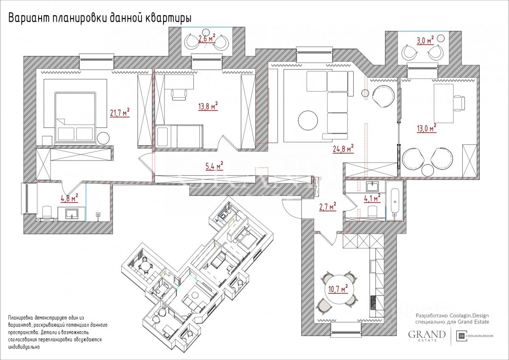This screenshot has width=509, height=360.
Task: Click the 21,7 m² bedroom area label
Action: coord(120,113)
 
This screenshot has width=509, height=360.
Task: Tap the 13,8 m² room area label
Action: coord(208,107)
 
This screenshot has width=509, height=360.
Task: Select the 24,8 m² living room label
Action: coord(343,149)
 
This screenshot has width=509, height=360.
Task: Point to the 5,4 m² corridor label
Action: coord(214,166)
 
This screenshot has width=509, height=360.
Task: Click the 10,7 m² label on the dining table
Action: coord(338,289)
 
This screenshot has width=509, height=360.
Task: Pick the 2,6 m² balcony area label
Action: coord(207,39)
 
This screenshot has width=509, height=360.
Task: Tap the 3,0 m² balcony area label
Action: coord(425,41)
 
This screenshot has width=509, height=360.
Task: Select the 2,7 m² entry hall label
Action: coord(327,207)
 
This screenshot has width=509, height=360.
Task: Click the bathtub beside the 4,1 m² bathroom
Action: coord(395,200)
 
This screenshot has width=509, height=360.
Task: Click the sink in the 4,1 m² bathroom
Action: coord(372,186)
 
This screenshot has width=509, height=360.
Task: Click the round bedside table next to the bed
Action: coord(103,138)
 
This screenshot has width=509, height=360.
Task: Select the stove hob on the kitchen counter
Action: coord(374,302)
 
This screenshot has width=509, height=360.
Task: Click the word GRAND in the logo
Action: coord(427,334)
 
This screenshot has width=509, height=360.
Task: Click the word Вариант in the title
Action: coord(28,18)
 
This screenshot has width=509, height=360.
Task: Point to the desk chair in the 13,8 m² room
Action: coord(179,94)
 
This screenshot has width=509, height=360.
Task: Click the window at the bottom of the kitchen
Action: coord(346,329)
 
